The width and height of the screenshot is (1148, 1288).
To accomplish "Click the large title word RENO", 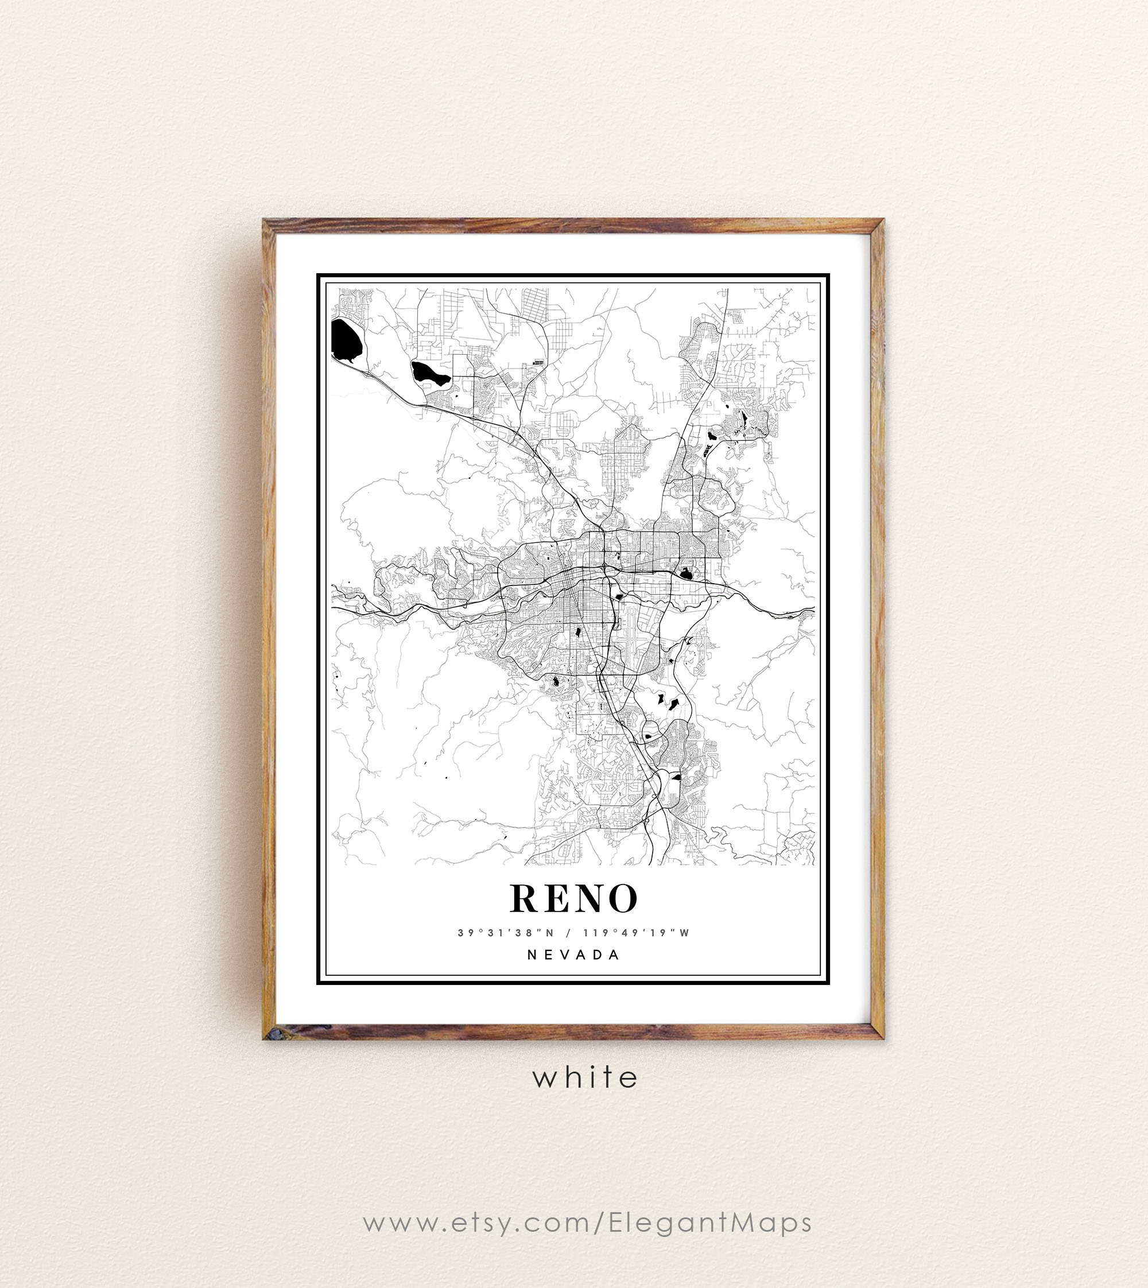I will (x=573, y=898).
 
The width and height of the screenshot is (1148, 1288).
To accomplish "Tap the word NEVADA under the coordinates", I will (x=573, y=955).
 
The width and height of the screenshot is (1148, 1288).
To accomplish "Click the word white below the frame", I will (x=585, y=1078).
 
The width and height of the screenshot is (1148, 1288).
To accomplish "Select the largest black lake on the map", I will (x=347, y=340).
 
